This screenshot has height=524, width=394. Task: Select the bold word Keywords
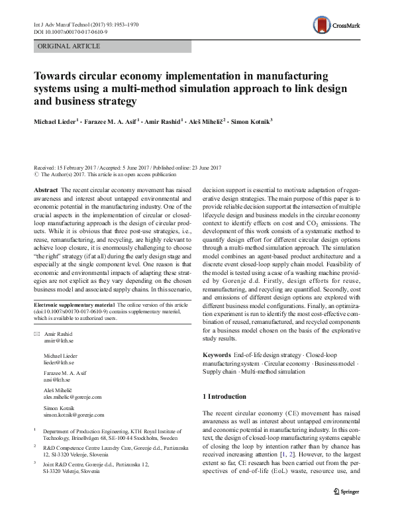217,355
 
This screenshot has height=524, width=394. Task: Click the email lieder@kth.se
59,363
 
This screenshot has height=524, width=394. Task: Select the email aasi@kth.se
57,383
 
